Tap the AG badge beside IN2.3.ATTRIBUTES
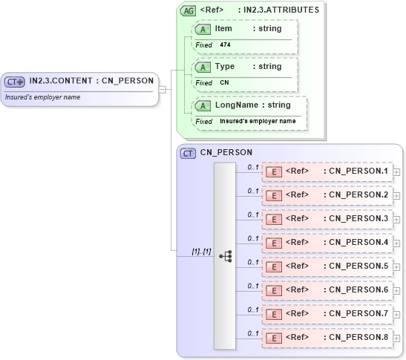(189, 10)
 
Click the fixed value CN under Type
(224, 83)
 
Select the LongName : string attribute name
(252, 105)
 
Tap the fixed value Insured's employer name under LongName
(258, 121)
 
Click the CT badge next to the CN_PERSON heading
(189, 153)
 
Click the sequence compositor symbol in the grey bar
(225, 256)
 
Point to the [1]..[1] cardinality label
(201, 252)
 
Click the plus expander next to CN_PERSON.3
(397, 219)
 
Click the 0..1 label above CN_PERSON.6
(252, 286)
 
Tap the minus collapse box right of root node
(163, 89)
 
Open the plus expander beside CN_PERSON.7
(397, 314)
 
